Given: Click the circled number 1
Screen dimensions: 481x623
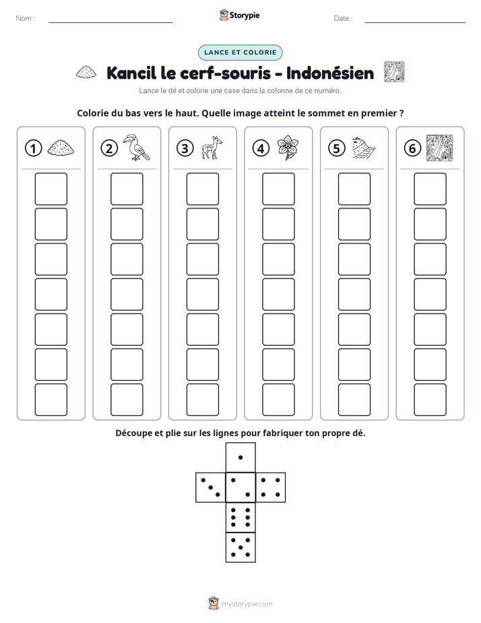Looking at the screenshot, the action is click(33, 148).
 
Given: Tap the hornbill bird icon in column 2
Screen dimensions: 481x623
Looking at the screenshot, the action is click(136, 148).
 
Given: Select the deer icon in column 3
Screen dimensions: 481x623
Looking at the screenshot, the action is click(212, 148).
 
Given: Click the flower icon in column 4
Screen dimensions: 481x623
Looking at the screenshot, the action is click(288, 148).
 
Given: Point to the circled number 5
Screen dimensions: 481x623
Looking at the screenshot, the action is click(337, 148).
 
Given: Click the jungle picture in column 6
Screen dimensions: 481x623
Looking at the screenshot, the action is click(439, 148).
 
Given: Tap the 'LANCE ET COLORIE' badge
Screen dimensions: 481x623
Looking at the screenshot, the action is click(240, 53).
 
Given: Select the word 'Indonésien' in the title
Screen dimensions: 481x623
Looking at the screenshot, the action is click(330, 73).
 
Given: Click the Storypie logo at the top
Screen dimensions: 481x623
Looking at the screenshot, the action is click(239, 16).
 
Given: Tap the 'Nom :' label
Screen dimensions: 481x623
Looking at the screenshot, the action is click(26, 18).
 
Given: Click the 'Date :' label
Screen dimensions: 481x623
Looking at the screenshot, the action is click(343, 18).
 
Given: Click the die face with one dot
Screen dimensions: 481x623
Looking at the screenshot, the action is click(241, 458).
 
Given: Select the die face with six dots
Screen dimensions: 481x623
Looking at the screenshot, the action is click(241, 517).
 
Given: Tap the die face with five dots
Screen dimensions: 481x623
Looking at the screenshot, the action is click(241, 547).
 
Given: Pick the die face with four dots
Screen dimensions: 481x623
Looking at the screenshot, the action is click(271, 487).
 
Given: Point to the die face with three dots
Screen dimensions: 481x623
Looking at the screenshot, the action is click(211, 487).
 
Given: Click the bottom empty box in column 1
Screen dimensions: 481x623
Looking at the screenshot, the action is click(51, 400).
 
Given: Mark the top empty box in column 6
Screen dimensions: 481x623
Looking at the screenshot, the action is click(430, 189).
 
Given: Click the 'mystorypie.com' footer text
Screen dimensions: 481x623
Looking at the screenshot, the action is click(247, 604).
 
